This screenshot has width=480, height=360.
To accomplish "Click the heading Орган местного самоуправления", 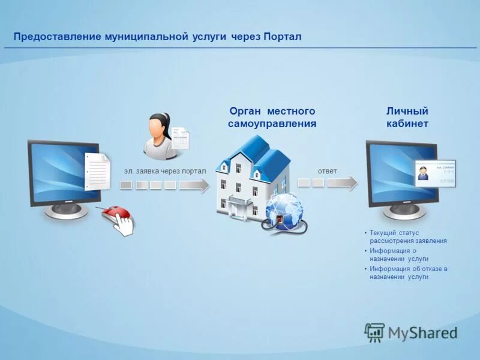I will [x=272, y=118].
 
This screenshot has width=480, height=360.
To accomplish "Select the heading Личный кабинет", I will [x=407, y=118].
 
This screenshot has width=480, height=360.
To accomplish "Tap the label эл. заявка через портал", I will [x=164, y=172].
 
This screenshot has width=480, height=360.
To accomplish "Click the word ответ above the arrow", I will [x=327, y=172].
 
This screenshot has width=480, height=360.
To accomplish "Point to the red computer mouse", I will [x=115, y=214].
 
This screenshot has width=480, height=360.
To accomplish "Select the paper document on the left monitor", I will [x=98, y=171].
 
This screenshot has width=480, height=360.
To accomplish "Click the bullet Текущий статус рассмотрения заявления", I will [x=408, y=236].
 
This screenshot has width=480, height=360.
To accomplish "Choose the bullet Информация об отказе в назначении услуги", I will [x=408, y=273].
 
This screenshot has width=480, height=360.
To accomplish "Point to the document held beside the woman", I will [x=179, y=137].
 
